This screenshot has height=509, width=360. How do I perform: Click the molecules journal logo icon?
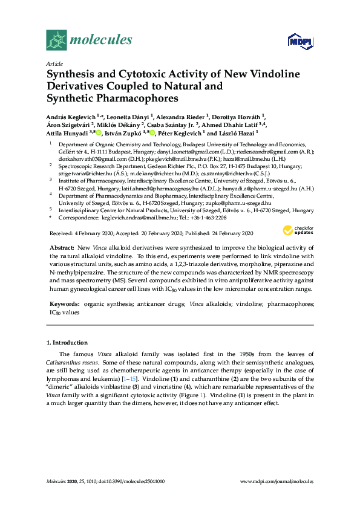click(x=56, y=41)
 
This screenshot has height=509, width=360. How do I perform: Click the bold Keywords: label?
click(x=64, y=305)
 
